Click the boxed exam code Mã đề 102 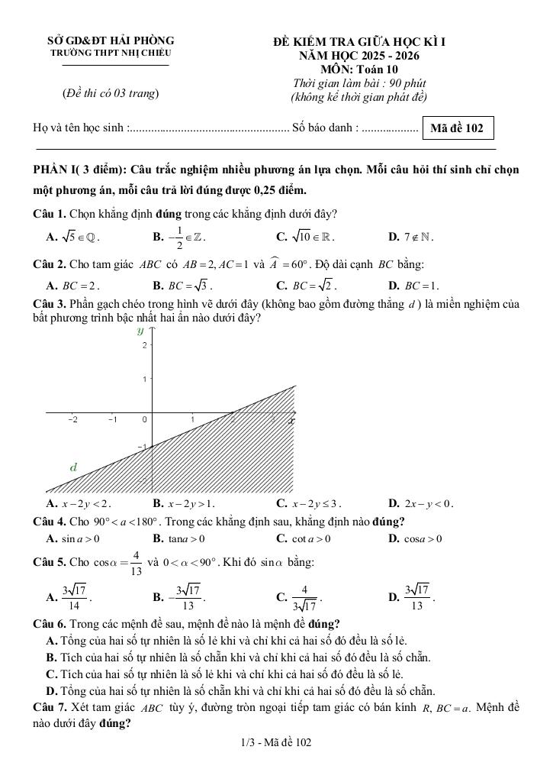coord(456,128)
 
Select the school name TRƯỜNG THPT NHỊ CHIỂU coord(111,53)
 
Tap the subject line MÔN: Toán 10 coord(359,69)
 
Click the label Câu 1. coord(49,213)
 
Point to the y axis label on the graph coord(140,331)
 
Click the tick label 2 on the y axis coord(143,346)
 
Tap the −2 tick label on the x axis coord(73,419)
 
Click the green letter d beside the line coord(73,467)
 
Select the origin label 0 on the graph coord(144,419)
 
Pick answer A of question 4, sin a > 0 coord(74,538)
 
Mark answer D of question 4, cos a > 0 coord(416,538)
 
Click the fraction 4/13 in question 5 coord(136,563)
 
